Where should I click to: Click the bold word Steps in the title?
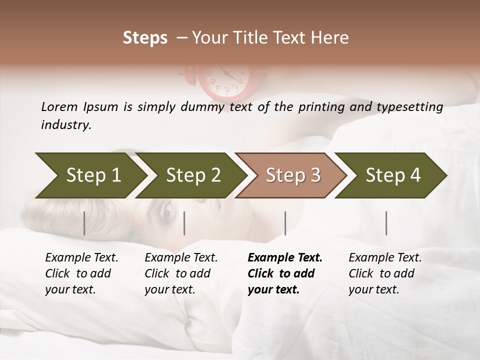pyautogui.click(x=145, y=37)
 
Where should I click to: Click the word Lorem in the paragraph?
pyautogui.click(x=59, y=106)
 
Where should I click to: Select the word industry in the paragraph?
pyautogui.click(x=66, y=124)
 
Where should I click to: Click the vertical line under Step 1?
pyautogui.click(x=84, y=223)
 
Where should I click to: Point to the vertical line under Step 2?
pyautogui.click(x=184, y=223)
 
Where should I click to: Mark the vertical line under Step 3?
pyautogui.click(x=285, y=223)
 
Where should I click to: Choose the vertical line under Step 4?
pyautogui.click(x=386, y=223)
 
